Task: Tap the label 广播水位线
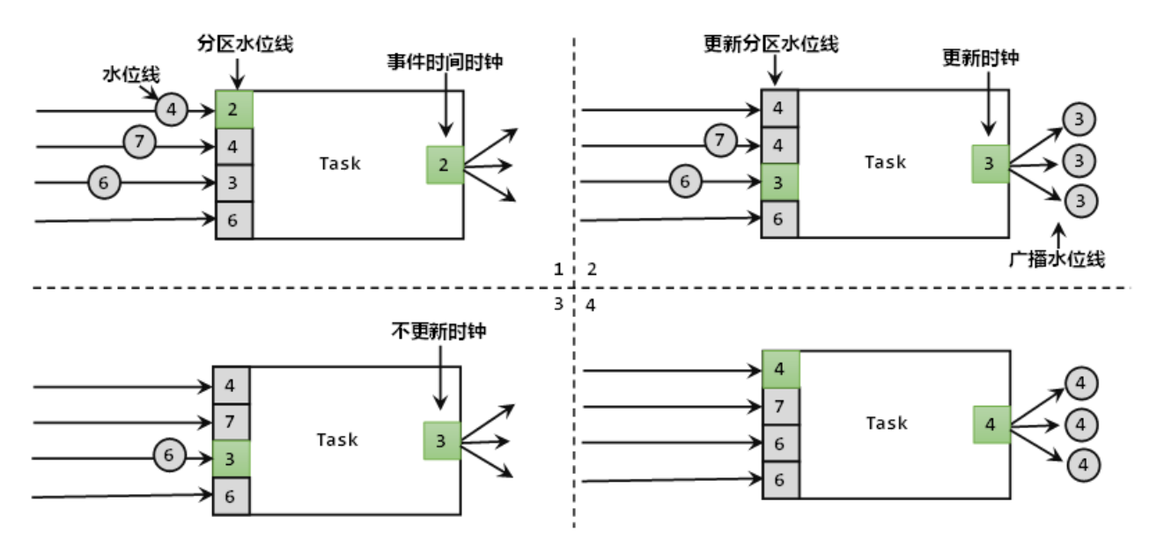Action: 1057,259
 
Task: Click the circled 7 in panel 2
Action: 720,138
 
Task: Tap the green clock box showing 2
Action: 445,165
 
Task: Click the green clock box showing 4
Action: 991,425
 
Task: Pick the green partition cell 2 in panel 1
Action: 233,109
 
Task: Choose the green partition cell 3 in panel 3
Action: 231,458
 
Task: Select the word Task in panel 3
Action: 337,439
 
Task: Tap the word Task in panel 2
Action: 885,162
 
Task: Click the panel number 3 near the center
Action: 557,304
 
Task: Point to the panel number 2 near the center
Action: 592,269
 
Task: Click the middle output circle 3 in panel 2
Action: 1079,159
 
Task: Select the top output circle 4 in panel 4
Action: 1081,384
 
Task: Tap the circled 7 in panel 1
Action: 138,142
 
